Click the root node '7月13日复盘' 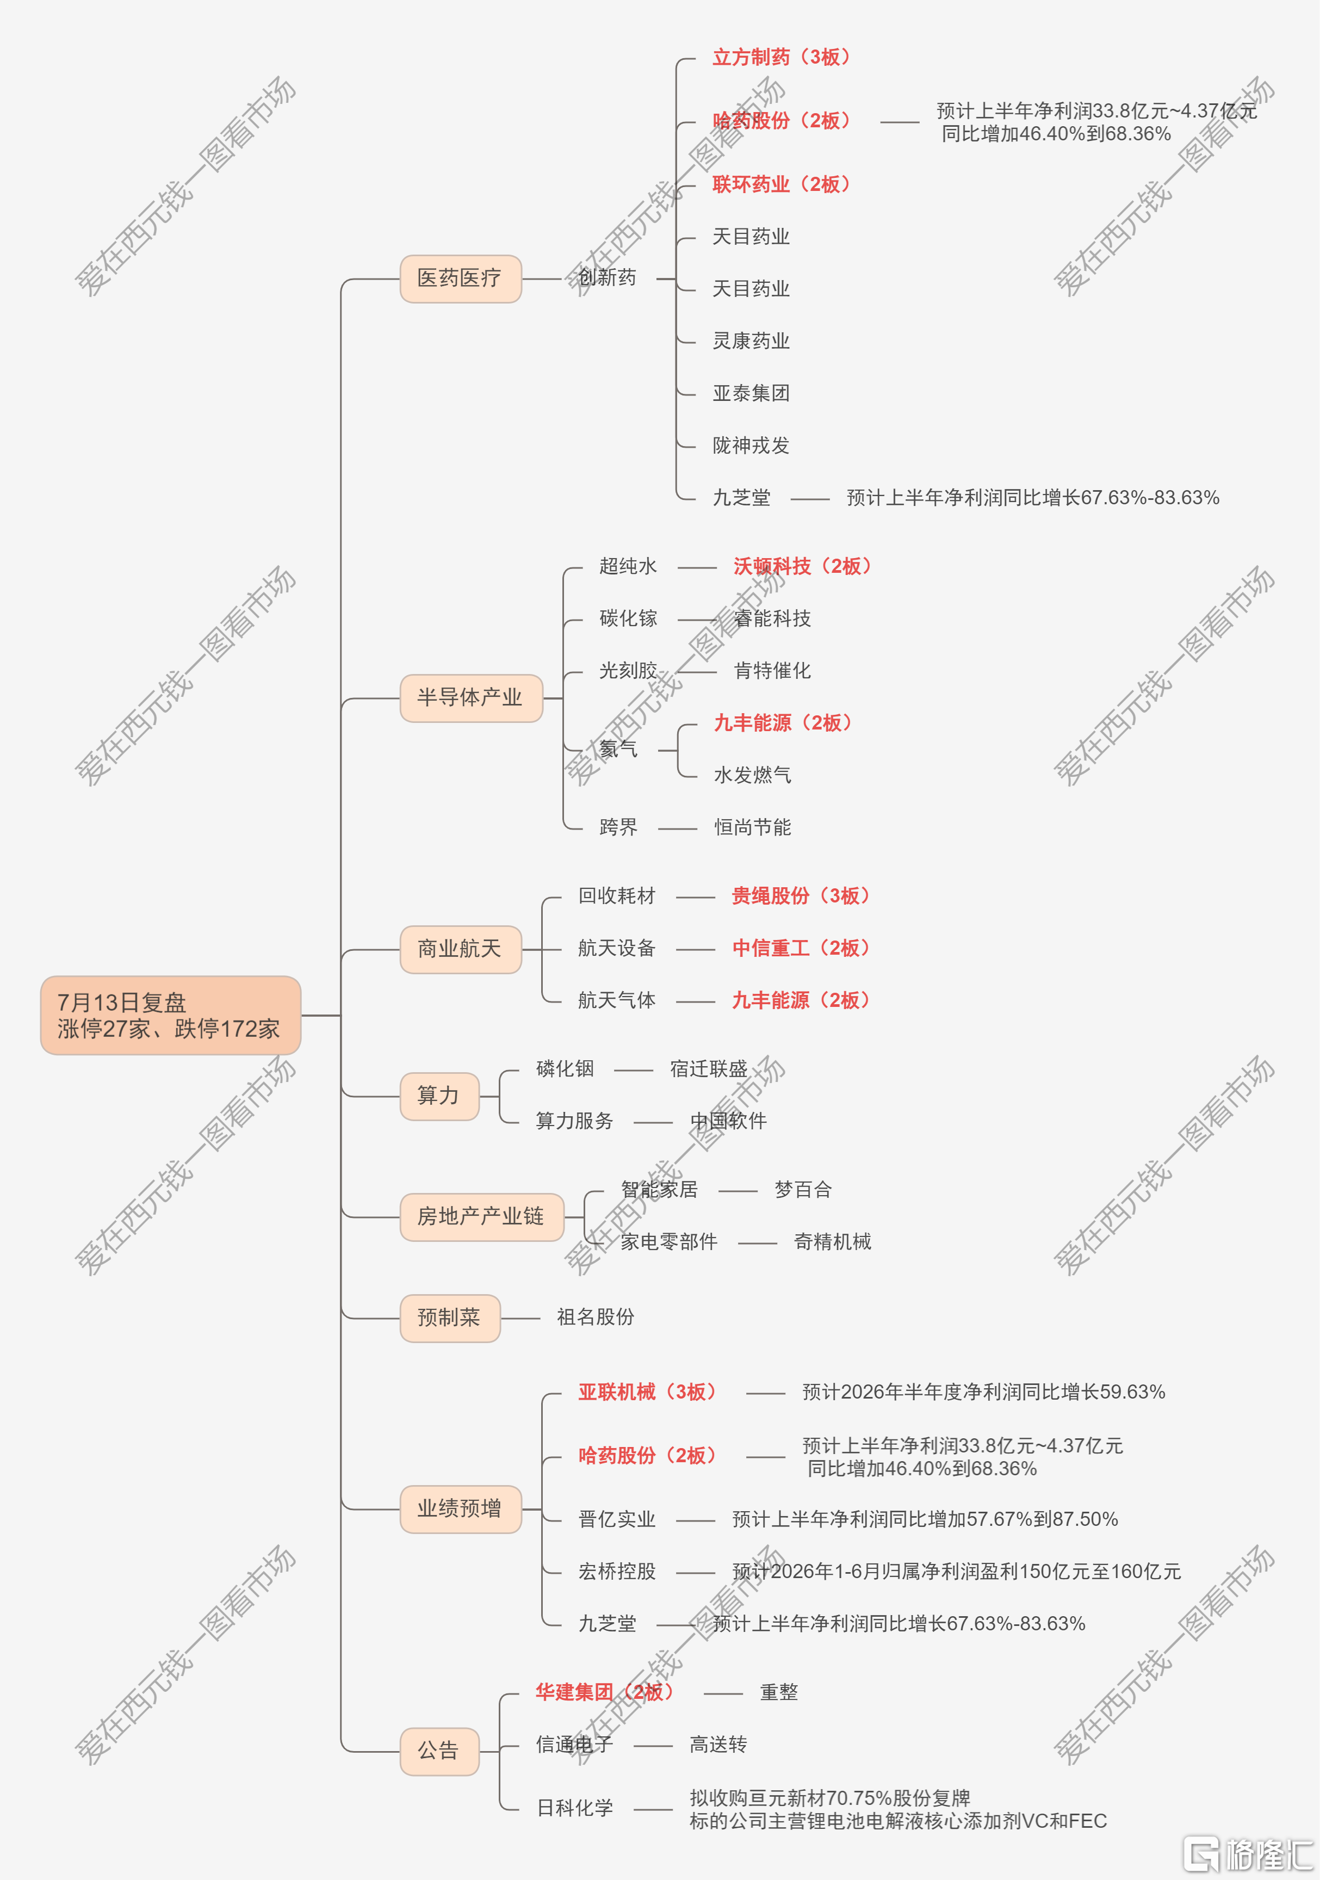[x=170, y=1015]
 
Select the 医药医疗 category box [x=460, y=279]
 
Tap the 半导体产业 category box [x=471, y=697]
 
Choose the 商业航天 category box [x=460, y=949]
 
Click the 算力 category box [x=439, y=1096]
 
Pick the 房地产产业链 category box [x=481, y=1217]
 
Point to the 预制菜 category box [x=450, y=1318]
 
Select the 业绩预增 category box [x=460, y=1508]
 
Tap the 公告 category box [x=439, y=1751]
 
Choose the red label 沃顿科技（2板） [x=802, y=566]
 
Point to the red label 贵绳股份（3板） [x=800, y=896]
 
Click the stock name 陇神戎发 [x=751, y=446]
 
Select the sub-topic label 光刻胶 [x=628, y=671]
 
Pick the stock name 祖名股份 [x=596, y=1316]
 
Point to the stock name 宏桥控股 [x=617, y=1572]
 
